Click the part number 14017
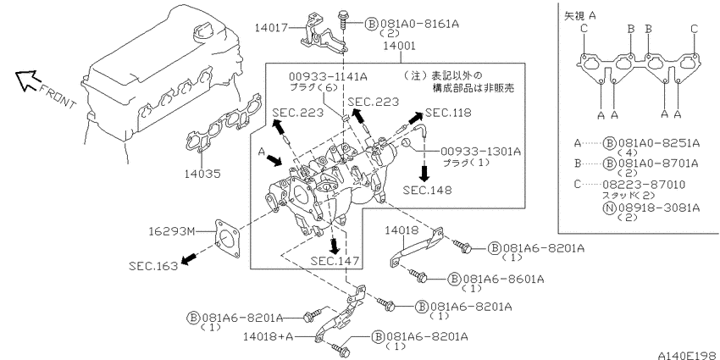[x=271, y=29]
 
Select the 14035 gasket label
[x=202, y=174]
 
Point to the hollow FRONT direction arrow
[x=26, y=79]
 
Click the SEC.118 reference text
[x=448, y=113]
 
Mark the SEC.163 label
[x=153, y=266]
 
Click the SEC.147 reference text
[x=335, y=261]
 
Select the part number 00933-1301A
[x=481, y=152]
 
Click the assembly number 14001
[x=401, y=46]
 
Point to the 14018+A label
[x=269, y=337]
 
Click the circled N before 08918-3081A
[x=608, y=208]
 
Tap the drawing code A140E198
[x=689, y=356]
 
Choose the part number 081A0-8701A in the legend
[x=659, y=163]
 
